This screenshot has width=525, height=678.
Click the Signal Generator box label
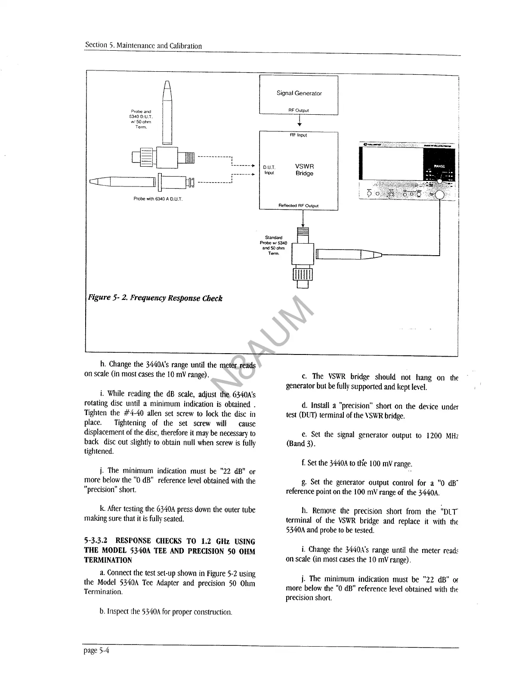(299, 93)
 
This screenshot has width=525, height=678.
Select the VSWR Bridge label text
(304, 170)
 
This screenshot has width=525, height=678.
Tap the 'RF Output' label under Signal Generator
(299, 110)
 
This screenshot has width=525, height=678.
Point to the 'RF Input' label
(299, 135)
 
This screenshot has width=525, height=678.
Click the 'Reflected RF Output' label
(298, 205)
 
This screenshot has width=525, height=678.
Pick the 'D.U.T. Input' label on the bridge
(269, 170)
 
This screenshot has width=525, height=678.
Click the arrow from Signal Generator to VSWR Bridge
(299, 122)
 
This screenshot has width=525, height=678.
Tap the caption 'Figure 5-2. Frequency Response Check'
(155, 298)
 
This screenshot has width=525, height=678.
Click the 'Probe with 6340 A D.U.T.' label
(158, 199)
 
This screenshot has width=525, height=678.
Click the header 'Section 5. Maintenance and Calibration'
(143, 46)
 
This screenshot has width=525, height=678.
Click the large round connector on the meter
(440, 195)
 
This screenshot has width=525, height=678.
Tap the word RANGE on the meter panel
(439, 166)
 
